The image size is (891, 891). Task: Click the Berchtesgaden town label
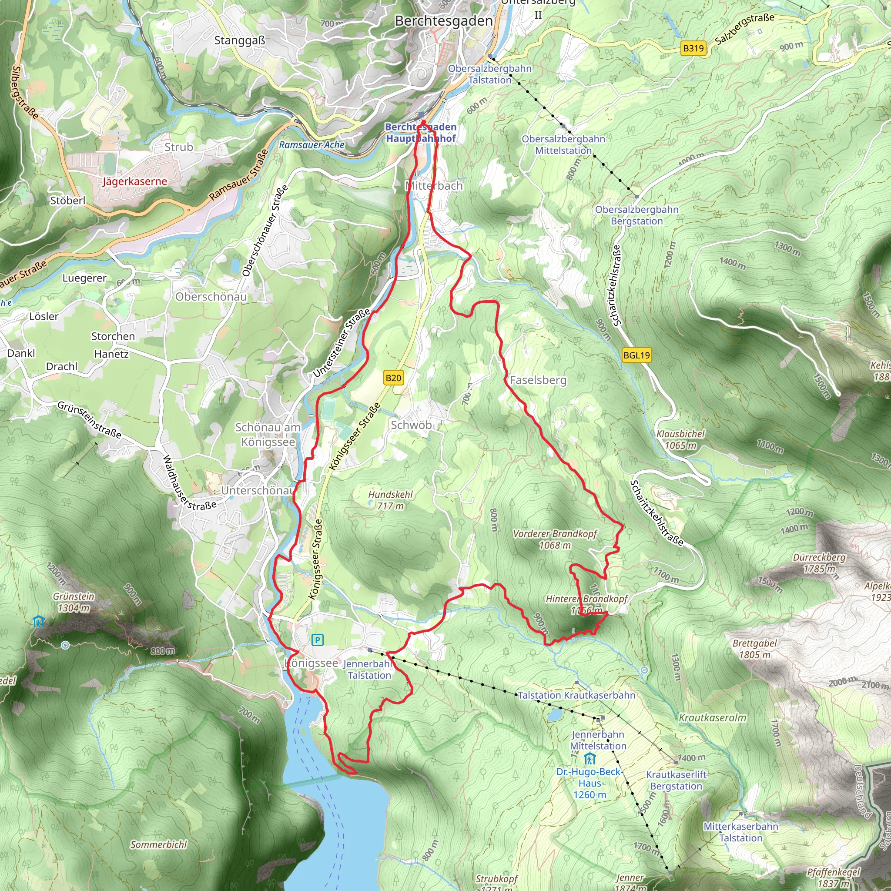(444, 21)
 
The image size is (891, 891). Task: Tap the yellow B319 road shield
(693, 48)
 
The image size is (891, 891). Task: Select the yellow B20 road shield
(393, 378)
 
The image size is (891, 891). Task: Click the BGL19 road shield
(636, 355)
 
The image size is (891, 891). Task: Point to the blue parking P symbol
(317, 640)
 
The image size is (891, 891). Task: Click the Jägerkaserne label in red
(135, 181)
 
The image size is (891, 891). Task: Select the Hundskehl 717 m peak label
(390, 500)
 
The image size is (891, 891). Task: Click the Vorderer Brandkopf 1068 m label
(555, 539)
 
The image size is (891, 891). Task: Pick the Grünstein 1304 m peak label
(74, 602)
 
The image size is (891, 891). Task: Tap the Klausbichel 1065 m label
(680, 439)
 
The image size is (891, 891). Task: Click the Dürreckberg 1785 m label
(819, 563)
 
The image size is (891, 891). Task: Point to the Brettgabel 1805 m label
(754, 649)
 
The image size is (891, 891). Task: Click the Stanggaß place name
(240, 40)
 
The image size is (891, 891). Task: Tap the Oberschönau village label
(211, 297)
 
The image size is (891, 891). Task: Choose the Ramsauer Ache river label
(312, 145)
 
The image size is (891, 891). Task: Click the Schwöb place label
(411, 425)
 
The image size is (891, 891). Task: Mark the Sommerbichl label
(159, 844)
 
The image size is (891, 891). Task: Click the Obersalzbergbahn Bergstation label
(636, 215)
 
